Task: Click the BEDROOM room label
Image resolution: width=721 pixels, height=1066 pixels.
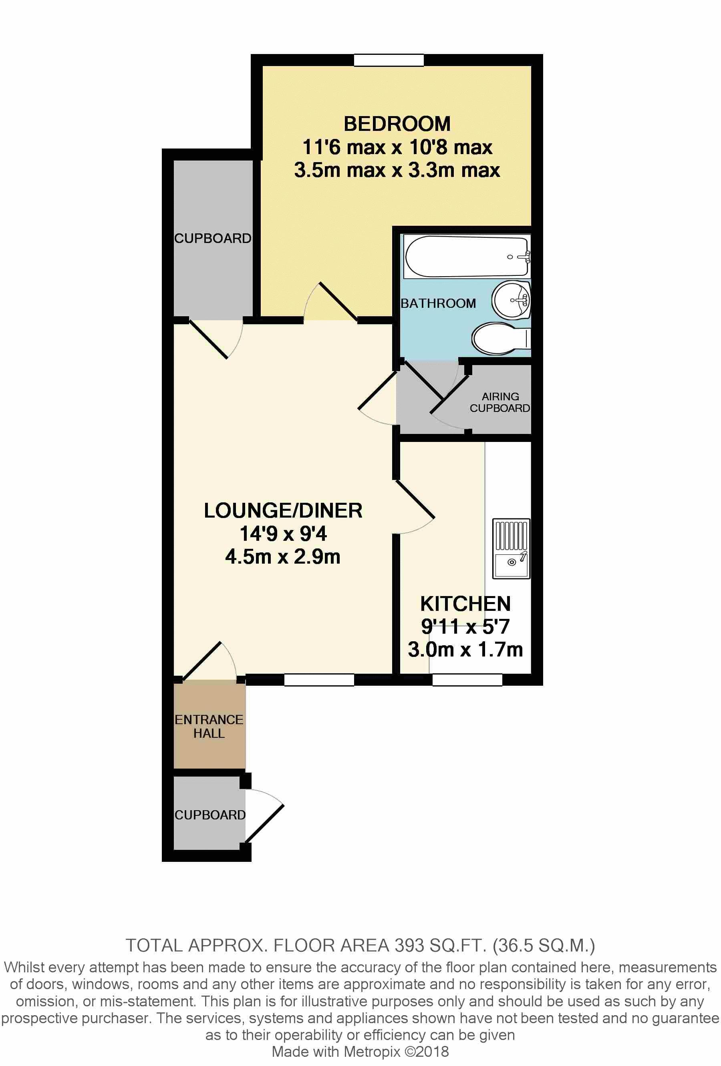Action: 397,124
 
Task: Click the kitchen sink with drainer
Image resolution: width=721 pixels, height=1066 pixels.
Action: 511,548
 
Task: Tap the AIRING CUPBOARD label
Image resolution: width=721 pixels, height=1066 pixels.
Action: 500,402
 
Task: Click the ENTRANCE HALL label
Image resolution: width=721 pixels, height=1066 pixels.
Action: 209,726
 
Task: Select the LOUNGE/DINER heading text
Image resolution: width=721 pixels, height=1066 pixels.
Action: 283,510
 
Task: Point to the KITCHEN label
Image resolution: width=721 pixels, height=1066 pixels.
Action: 465,604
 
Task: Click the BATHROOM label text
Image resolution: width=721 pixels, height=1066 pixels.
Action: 438,303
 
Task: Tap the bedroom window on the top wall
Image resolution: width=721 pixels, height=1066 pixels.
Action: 389,60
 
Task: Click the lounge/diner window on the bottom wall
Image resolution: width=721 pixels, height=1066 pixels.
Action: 319,679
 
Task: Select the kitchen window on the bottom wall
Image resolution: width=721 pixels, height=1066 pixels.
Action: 467,679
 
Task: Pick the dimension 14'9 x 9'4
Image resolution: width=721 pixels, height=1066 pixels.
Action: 283,534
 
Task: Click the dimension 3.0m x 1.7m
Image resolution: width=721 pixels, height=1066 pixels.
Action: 465,650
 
